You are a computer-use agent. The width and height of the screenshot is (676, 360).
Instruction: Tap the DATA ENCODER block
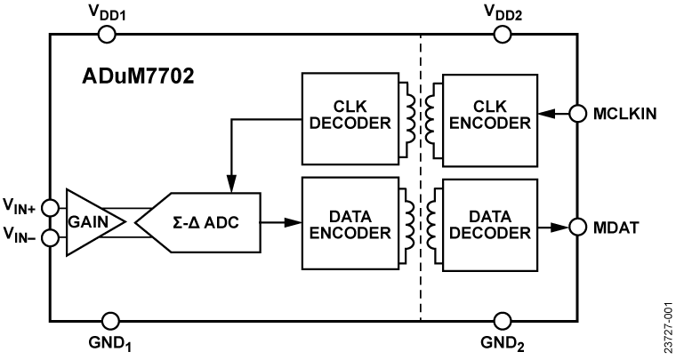(348, 223)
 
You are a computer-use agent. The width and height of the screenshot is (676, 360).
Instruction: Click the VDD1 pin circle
(106, 35)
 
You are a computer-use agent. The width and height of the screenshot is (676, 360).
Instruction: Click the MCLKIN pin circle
(576, 113)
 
